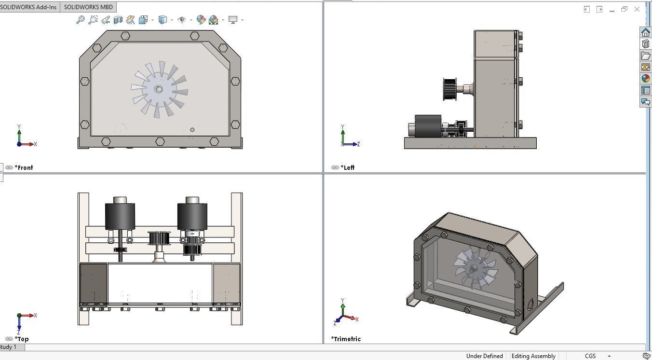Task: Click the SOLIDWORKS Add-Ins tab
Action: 29,7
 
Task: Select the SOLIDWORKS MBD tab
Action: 88,7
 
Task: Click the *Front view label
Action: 24,167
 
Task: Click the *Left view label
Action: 347,167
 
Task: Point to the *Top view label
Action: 22,339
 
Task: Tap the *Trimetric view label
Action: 346,339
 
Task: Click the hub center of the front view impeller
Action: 159,89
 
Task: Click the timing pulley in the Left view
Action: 450,90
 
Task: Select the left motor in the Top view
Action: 120,215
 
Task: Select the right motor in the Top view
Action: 192,215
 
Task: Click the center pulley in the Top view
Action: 159,238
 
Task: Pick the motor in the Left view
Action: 428,127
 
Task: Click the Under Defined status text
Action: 484,356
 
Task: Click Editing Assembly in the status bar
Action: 533,356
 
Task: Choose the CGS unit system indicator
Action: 590,356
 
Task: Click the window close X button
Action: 637,9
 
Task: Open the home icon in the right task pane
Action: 645,32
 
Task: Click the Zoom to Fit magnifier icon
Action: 80,20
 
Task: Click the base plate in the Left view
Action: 470,143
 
